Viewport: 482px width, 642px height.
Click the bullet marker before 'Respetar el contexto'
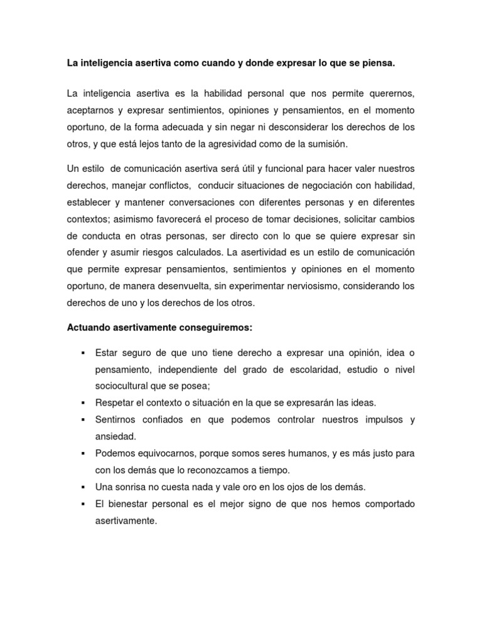point(83,403)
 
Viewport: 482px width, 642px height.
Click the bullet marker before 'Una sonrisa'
point(83,487)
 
